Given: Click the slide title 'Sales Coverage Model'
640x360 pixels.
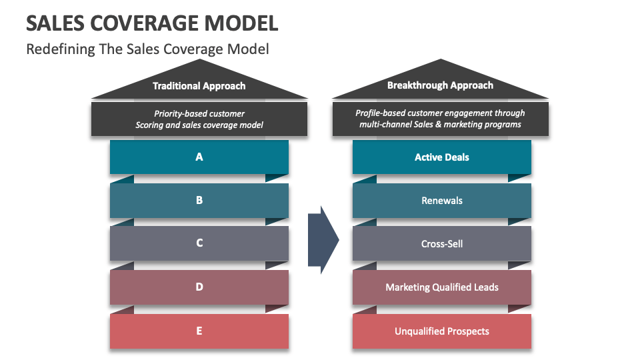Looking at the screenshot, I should (152, 23).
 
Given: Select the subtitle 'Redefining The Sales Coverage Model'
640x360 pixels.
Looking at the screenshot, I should (147, 49).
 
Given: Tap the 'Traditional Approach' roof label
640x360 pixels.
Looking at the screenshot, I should (199, 86).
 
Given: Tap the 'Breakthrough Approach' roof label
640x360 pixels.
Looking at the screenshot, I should (440, 85).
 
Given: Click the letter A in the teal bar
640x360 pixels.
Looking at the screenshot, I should (199, 157).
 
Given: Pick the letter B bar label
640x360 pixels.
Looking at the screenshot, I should (199, 200).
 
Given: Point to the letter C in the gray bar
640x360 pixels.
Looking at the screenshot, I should (199, 243).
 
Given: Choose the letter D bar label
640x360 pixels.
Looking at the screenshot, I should (199, 287).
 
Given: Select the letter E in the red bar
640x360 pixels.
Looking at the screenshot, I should (199, 331).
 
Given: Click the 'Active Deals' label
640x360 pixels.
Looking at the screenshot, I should (441, 157).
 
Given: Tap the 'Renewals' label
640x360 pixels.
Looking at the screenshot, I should (441, 201).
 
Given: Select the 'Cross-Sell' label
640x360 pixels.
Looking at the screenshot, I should (441, 244).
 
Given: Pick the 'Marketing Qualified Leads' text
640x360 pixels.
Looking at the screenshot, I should (441, 287).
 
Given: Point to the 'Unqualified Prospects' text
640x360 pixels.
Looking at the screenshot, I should (441, 331).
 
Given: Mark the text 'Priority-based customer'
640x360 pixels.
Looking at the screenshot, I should (199, 113).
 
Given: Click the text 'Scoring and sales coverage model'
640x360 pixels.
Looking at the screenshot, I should (199, 125).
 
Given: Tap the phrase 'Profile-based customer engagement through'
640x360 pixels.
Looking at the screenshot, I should (440, 113).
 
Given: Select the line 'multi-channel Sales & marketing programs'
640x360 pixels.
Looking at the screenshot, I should (440, 125).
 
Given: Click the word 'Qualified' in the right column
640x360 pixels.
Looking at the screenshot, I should (452, 287).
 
